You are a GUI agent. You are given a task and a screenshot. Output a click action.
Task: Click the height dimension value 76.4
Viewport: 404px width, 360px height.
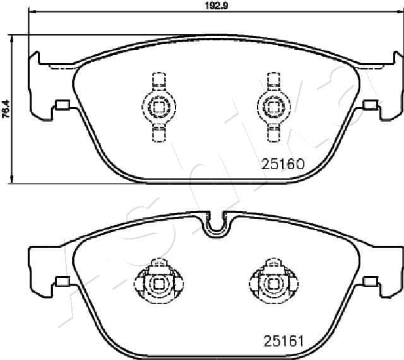(6, 109)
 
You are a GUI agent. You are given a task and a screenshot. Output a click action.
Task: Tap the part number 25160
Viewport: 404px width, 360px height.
(283, 164)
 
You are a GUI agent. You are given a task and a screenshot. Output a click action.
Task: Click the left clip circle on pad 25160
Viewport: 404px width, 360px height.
(156, 106)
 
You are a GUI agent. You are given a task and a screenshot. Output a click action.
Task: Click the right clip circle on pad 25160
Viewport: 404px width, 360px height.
(273, 106)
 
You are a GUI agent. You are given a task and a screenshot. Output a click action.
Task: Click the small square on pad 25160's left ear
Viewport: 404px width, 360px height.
(62, 105)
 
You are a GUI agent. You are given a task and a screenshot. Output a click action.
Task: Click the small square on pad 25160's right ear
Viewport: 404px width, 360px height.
(369, 105)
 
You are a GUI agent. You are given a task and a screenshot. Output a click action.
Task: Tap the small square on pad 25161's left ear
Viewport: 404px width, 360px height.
(62, 282)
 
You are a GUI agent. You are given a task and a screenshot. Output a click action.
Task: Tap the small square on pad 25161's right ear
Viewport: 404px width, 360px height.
(369, 282)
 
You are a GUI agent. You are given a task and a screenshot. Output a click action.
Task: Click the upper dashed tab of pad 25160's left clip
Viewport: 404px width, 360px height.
(156, 81)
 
